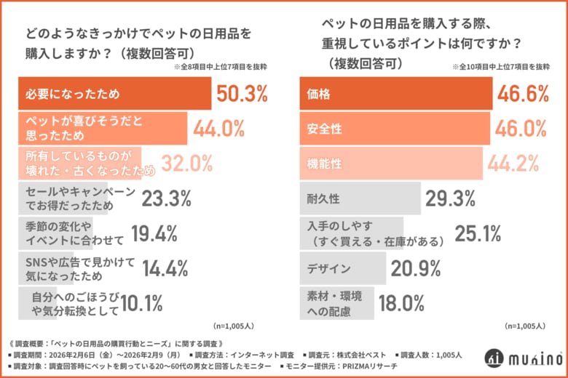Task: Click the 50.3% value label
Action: tap(242, 94)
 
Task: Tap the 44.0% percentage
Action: tap(218, 129)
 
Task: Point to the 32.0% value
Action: tap(187, 163)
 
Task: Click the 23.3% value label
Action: tap(165, 198)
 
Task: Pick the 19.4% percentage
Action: tap(154, 233)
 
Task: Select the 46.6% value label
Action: tap(521, 94)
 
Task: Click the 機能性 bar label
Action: tap(325, 163)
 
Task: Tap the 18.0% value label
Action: tap(401, 302)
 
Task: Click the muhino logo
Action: tap(520, 358)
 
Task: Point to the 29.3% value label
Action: tap(451, 198)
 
